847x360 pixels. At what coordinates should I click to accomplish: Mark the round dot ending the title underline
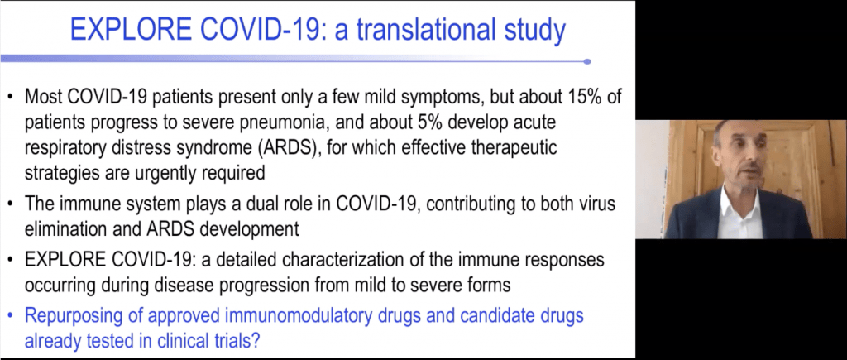(586, 60)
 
